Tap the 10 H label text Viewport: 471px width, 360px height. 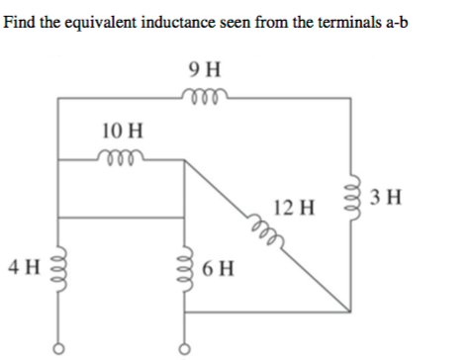(x=123, y=130)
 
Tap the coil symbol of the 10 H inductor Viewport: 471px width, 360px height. (x=122, y=156)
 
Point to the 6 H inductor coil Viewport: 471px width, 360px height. (x=185, y=268)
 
